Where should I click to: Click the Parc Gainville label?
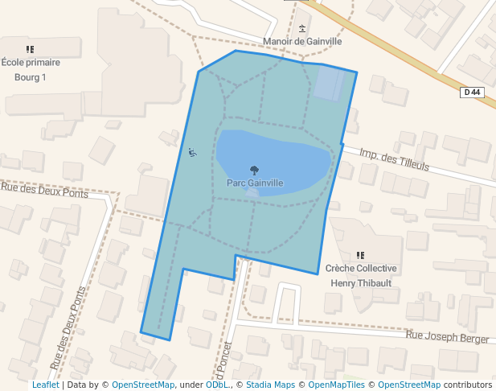(x=254, y=183)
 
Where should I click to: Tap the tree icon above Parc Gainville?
(x=255, y=170)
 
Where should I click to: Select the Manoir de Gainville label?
(x=302, y=42)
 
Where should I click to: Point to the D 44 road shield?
(x=473, y=93)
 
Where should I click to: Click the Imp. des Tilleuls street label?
(x=395, y=160)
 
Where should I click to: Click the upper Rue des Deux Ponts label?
(x=44, y=191)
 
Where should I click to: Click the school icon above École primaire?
(x=31, y=50)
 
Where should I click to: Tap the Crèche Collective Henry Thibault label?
(x=361, y=276)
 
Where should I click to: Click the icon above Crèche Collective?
(x=361, y=255)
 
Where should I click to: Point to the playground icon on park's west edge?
(x=192, y=152)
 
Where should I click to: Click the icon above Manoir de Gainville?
(x=302, y=28)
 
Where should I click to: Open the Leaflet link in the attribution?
(x=45, y=385)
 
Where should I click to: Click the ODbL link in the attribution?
(x=217, y=385)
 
